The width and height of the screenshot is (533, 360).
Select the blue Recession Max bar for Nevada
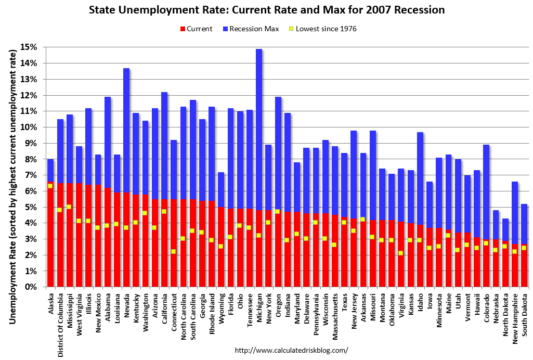tap(126, 130)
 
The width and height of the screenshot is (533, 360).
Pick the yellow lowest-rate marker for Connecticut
tap(174, 251)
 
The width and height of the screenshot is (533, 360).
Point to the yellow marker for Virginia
tap(401, 253)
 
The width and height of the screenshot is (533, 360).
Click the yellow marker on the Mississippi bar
tap(69, 207)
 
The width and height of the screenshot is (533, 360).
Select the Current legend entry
tap(196, 29)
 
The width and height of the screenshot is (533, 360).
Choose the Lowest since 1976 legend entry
tap(322, 29)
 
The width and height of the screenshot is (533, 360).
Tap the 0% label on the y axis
tap(31, 287)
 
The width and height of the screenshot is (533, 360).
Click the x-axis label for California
tap(164, 307)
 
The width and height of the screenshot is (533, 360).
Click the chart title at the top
tap(266, 10)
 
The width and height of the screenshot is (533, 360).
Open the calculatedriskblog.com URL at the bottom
tap(291, 351)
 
